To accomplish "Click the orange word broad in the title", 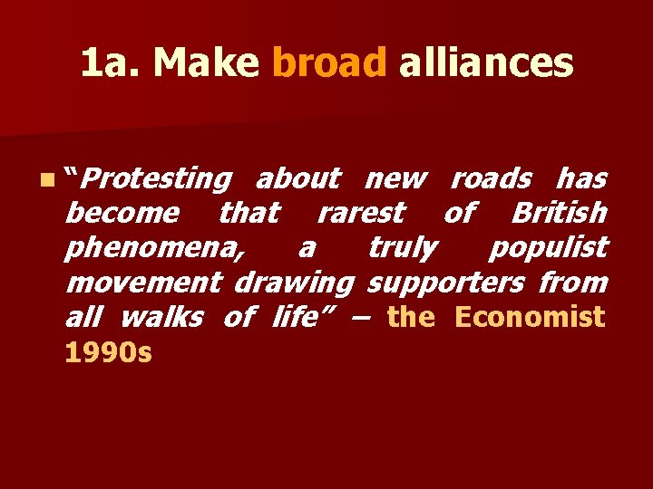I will pyautogui.click(x=329, y=63).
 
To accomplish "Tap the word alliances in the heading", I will pyautogui.click(x=485, y=63).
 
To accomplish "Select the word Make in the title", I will pyautogui.click(x=207, y=63).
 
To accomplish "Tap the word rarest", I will pyautogui.click(x=360, y=214).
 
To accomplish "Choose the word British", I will pyautogui.click(x=559, y=214).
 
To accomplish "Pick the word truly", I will pyautogui.click(x=403, y=248).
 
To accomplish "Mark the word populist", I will pyautogui.click(x=549, y=248).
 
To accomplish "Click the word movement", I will pyautogui.click(x=144, y=283).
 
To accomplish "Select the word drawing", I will pyautogui.click(x=294, y=283).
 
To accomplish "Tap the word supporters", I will pyautogui.click(x=445, y=283).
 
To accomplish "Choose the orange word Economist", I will pyautogui.click(x=530, y=317).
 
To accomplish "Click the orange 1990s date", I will pyautogui.click(x=108, y=351).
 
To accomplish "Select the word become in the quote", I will pyautogui.click(x=123, y=214).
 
